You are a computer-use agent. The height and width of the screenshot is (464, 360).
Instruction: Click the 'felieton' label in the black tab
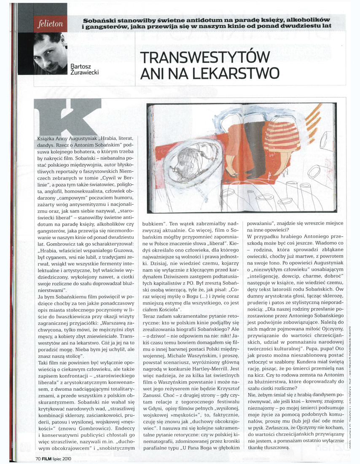click(x=51, y=24)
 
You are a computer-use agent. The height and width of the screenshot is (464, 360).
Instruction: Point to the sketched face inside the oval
click(x=185, y=161)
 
